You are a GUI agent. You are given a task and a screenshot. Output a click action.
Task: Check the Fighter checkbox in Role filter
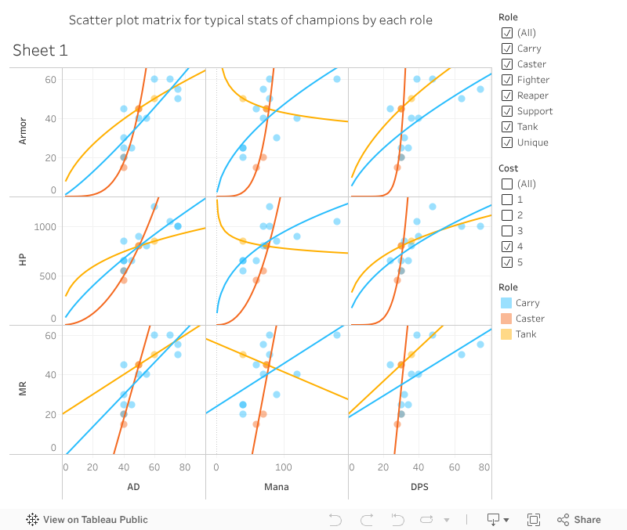pos(507,80)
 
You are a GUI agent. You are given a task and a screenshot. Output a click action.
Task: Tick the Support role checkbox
pos(507,111)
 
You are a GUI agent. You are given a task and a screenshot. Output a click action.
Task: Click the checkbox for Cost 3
pos(507,231)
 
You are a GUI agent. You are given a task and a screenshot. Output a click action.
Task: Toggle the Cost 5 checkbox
pos(507,262)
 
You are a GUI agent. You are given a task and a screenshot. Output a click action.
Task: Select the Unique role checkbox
pos(507,142)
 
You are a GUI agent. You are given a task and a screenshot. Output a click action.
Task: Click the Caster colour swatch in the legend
pos(506,319)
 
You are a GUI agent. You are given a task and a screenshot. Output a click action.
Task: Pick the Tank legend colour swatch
pos(506,334)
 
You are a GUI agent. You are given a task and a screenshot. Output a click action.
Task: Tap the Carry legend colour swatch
pos(506,303)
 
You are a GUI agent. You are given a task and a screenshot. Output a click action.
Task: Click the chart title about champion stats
pos(251,20)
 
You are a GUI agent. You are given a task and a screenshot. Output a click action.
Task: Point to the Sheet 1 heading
pos(40,51)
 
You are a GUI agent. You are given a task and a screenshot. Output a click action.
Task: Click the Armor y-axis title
pos(23,131)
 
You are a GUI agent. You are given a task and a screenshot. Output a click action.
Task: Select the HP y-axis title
pos(23,259)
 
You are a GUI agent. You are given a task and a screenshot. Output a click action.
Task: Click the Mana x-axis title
pos(276,487)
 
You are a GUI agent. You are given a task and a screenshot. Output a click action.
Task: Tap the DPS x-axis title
pos(419,487)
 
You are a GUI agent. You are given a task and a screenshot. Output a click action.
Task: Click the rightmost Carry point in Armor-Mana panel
pos(337,79)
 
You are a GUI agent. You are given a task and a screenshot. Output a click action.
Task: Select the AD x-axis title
pos(133,487)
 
